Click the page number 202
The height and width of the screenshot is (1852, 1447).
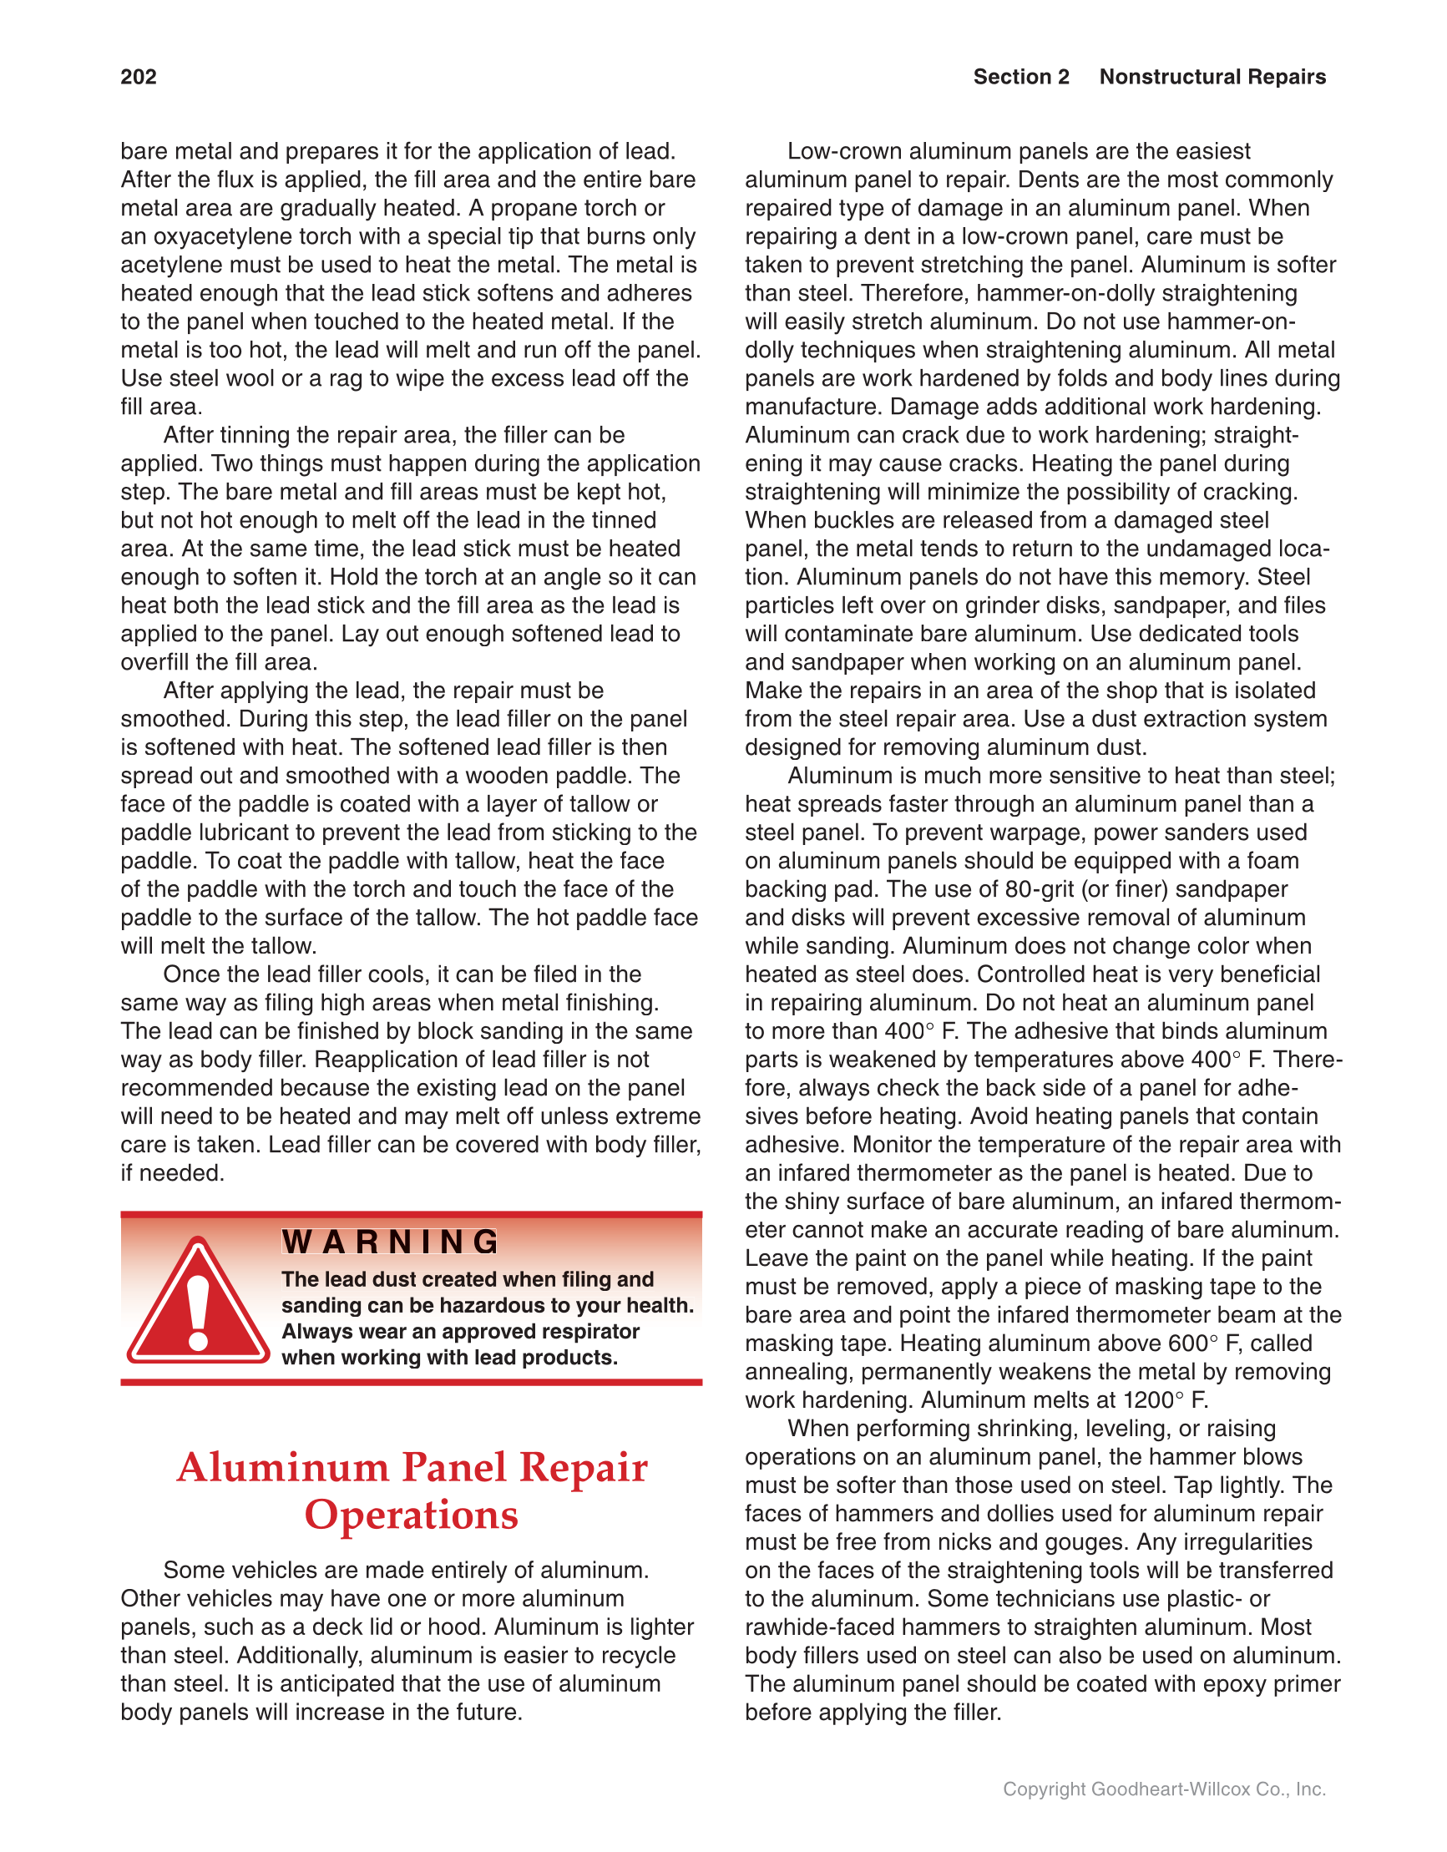[139, 77]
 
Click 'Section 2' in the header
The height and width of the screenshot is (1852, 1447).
[1020, 77]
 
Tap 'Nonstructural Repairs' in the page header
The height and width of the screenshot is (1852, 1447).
[1212, 77]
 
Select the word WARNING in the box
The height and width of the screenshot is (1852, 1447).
[390, 1242]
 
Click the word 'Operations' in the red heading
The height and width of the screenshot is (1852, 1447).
[412, 1516]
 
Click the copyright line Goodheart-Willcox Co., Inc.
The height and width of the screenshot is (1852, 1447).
[1164, 1789]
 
